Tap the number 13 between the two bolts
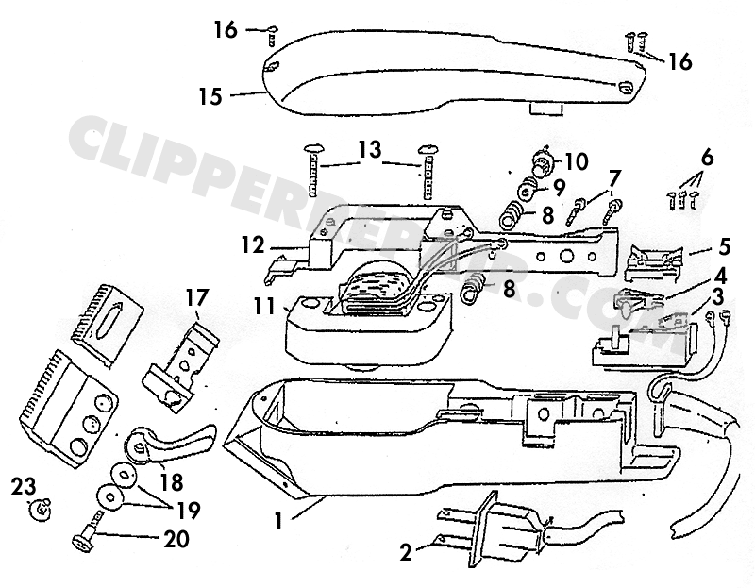(370, 149)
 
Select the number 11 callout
(264, 308)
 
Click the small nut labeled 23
(40, 510)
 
